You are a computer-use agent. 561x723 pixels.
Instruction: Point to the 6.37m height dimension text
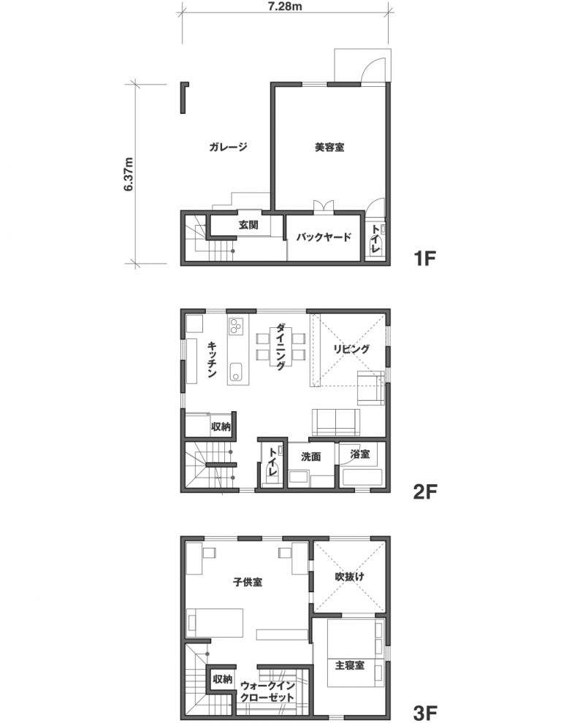[x=129, y=174]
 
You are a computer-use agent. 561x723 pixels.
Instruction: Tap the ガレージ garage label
[x=228, y=147]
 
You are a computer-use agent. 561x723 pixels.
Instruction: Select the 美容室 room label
[x=329, y=148]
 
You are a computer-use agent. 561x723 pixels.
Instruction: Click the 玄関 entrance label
[x=248, y=225]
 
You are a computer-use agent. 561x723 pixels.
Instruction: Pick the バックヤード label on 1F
[x=324, y=237]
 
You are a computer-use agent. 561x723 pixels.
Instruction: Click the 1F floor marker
[x=424, y=259]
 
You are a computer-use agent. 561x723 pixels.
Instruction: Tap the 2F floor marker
[x=424, y=492]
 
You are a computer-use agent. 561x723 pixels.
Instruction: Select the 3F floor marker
[x=424, y=714]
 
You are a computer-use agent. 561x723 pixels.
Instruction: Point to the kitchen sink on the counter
[x=235, y=371]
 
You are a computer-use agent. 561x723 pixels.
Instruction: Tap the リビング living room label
[x=351, y=348]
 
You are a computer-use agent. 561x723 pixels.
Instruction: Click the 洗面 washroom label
[x=311, y=456]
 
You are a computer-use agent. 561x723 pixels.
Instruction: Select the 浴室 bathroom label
[x=359, y=454]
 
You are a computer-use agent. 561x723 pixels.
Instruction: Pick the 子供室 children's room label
[x=248, y=582]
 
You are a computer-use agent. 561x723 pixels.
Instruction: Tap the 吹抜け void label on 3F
[x=350, y=576]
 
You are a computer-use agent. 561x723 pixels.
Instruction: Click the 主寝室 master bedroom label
[x=350, y=665]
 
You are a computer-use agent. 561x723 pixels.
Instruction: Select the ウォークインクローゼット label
[x=267, y=692]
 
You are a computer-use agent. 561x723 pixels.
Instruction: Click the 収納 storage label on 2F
[x=221, y=426]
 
